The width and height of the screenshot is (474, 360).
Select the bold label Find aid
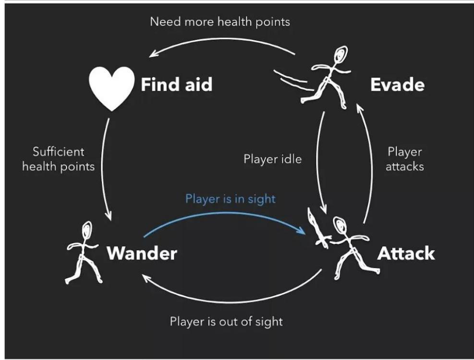[176, 85]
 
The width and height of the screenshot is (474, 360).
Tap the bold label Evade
[397, 85]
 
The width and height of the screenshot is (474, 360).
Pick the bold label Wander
[142, 253]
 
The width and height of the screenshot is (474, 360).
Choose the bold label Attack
[406, 253]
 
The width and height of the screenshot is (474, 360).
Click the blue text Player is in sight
[231, 199]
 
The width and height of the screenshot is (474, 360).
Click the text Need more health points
[220, 22]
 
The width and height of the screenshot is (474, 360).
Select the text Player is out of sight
[226, 321]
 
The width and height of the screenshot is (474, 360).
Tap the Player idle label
[272, 159]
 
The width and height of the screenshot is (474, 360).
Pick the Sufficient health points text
[59, 159]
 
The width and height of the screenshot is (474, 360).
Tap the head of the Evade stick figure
[340, 54]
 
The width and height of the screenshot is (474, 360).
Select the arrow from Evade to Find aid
[221, 40]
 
